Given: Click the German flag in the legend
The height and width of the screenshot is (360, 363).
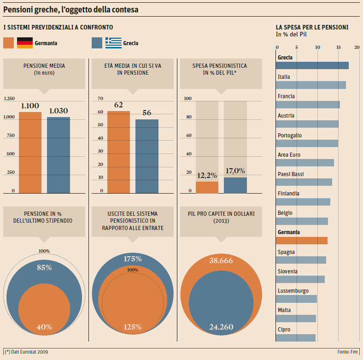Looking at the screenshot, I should [25, 43].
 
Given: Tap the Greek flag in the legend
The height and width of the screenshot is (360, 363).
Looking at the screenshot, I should [113, 43].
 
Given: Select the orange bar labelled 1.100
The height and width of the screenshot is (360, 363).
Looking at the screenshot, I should [30, 152].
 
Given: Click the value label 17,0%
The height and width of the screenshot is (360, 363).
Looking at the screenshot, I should [235, 171].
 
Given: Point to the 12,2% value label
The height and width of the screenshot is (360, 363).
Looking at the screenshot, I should [207, 175].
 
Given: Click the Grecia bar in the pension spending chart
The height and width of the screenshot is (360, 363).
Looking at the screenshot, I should [312, 65].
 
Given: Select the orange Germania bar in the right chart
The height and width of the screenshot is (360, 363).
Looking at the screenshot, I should [302, 240].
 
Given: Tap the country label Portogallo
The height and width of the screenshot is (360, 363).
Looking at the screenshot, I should [290, 136].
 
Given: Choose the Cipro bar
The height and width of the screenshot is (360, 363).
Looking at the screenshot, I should [296, 337].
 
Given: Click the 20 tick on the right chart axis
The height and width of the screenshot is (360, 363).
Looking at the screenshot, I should [358, 47].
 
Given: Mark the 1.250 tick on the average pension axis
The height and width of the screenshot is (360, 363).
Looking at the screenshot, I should [9, 99].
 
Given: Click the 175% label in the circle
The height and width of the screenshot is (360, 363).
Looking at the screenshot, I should [133, 259].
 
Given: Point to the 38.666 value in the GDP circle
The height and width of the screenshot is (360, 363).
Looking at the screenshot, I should [221, 261].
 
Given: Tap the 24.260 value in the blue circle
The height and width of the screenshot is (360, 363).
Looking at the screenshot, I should [221, 327].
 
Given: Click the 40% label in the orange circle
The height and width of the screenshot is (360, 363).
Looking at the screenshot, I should [44, 327].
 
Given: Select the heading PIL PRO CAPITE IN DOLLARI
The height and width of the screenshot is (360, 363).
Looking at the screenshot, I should [221, 214].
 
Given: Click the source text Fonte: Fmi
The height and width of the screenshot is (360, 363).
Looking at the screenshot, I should [348, 352].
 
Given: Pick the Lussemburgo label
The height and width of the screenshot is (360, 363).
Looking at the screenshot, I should [293, 291].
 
